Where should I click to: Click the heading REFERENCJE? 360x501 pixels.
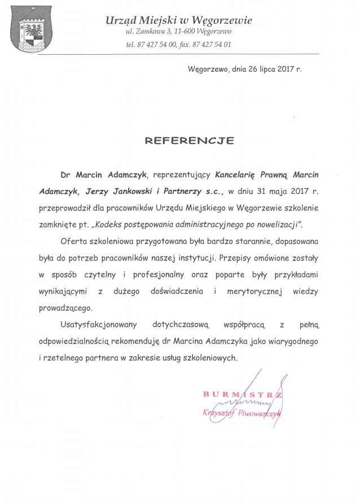pos(189,141)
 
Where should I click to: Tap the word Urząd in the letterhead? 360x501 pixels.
pos(120,20)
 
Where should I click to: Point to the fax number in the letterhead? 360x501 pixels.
pos(208,44)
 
